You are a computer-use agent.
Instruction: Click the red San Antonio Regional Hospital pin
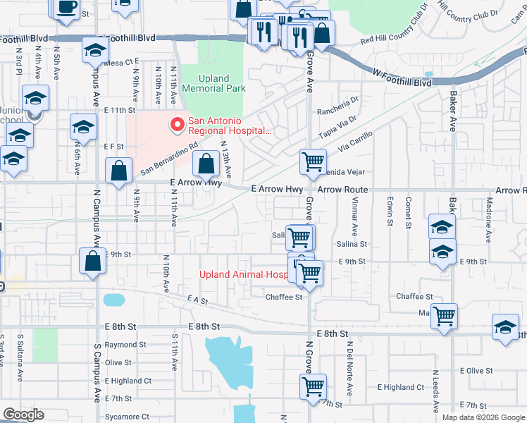176,125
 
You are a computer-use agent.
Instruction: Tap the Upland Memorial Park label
214,83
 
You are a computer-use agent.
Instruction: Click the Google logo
23,415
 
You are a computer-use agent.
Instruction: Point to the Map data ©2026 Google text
483,417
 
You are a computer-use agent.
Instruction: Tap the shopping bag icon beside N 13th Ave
205,166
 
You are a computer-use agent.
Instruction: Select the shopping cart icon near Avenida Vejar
313,161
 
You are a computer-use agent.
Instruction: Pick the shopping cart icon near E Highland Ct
313,386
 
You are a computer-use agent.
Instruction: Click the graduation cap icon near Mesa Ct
95,50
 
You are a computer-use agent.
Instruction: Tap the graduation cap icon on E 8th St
505,329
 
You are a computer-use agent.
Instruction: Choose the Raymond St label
125,345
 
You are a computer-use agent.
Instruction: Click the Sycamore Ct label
127,417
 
